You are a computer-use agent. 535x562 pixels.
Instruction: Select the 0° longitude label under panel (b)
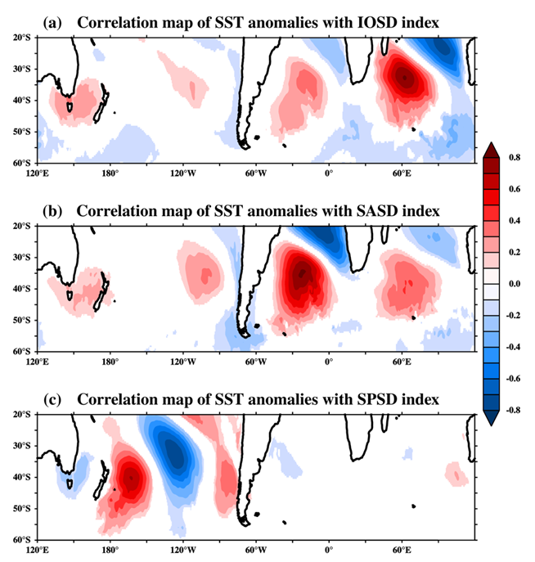[329, 360]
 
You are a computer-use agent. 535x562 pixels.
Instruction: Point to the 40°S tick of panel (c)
[22, 477]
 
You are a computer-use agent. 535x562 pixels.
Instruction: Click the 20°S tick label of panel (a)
[22, 38]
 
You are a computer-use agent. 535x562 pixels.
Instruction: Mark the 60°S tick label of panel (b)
[22, 351]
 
